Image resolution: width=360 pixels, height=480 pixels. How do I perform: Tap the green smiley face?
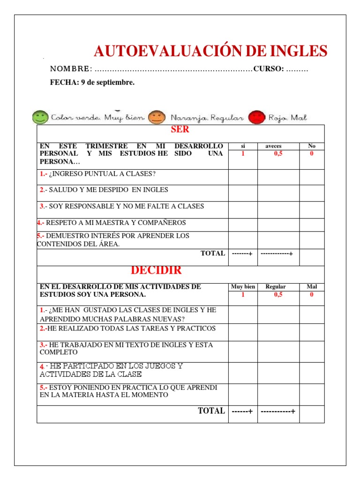40,117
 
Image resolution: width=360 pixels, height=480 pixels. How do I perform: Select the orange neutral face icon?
155,117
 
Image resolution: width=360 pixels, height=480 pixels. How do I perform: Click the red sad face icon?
256,117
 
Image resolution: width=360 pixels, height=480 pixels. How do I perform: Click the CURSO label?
268,69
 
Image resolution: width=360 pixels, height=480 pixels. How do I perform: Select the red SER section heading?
180,130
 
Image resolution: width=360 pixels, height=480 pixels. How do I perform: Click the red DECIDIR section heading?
156,270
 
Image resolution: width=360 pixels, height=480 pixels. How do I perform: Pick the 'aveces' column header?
273,146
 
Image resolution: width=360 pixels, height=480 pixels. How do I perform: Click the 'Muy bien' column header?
243,287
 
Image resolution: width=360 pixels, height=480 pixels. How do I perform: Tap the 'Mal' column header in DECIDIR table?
312,287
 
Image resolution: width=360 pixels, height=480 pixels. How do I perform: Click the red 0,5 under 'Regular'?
278,295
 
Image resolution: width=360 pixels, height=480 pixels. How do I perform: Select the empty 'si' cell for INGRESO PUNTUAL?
243,177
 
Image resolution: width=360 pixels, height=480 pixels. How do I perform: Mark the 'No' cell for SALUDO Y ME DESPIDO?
312,193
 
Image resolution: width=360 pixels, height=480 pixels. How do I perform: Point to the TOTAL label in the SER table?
212,253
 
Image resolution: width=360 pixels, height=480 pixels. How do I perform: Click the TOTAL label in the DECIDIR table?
211,411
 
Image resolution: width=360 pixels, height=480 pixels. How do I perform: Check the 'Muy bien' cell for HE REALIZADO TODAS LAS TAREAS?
243,332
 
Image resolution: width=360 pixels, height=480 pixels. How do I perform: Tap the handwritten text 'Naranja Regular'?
207,118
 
